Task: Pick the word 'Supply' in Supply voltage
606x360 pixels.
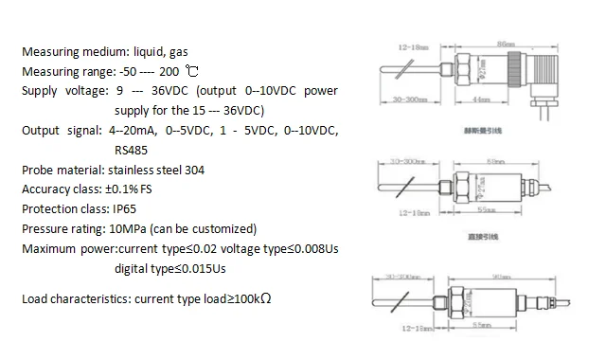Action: pos(39,91)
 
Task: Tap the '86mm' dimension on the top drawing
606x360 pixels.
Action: pos(505,44)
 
